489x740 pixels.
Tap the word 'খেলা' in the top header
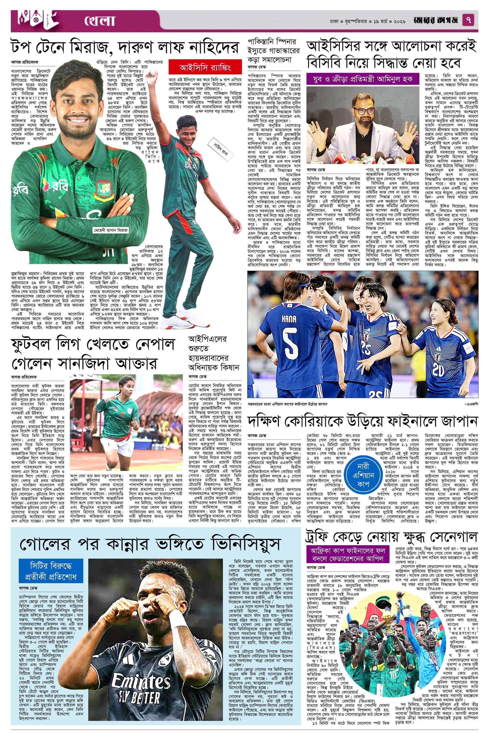pyautogui.click(x=100, y=21)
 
